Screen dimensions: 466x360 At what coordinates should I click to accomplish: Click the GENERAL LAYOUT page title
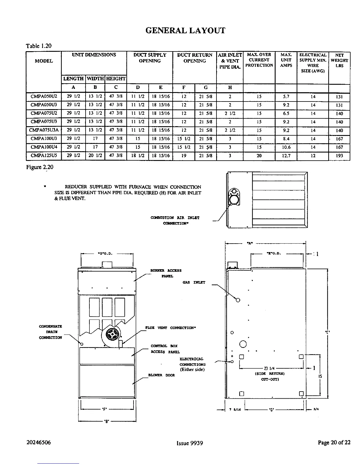(x=185, y=31)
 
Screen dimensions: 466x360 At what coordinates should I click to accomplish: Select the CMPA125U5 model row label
(x=44, y=156)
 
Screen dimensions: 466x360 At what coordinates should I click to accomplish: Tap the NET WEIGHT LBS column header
(x=339, y=60)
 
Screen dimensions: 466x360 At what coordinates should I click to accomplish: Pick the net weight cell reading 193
(x=339, y=156)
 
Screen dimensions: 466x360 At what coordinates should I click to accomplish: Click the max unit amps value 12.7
(x=286, y=156)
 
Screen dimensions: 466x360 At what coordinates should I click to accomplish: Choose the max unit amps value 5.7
(x=286, y=96)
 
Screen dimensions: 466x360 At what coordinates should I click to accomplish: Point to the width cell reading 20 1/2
(x=95, y=156)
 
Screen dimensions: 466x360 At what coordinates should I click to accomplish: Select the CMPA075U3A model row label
(x=44, y=130)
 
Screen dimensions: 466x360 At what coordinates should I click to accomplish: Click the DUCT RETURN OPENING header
(x=194, y=58)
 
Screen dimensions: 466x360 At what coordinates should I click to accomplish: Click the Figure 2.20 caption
(x=39, y=167)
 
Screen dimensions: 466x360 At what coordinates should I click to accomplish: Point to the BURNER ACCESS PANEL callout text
(x=166, y=273)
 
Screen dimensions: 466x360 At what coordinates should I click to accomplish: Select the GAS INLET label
(x=194, y=282)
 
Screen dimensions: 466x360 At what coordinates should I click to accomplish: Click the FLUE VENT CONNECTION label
(x=171, y=328)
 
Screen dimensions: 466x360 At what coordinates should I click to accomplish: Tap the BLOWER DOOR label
(x=166, y=375)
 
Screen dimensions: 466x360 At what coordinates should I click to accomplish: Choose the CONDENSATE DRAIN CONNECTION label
(x=51, y=332)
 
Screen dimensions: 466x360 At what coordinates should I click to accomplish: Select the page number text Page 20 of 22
(x=334, y=443)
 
